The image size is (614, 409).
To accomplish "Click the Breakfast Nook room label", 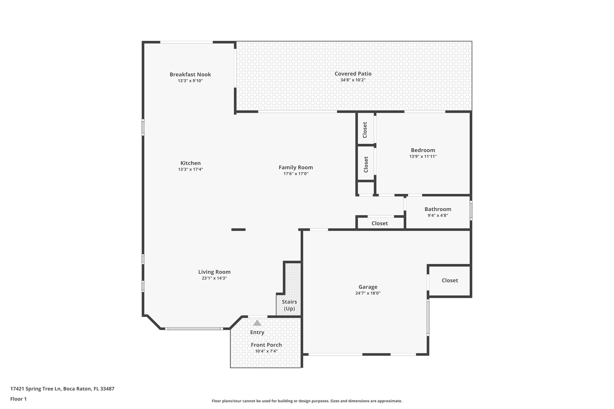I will coord(190,74).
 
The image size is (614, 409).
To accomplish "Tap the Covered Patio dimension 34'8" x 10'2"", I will coord(353,80).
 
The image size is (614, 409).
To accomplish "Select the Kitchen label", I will coord(190,163).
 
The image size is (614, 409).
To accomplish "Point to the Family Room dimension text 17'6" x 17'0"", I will coord(296,174).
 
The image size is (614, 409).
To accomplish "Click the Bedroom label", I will coord(423,150).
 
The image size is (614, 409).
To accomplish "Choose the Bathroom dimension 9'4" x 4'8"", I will coord(438,215).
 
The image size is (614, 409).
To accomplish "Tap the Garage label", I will coord(368,287).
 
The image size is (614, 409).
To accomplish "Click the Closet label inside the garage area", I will coord(450,280).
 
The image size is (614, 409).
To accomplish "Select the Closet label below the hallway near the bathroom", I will coord(380,223).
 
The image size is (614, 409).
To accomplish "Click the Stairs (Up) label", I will coord(289,305).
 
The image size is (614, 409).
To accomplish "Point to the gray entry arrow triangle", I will coord(257,323).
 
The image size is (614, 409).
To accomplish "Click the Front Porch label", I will coord(266,345).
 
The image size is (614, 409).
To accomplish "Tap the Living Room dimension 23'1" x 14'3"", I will coord(214,278).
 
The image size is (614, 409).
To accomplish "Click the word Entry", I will coord(257,332).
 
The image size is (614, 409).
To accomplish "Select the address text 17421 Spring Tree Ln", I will coord(36,389).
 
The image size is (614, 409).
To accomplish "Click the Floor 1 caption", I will coord(18,399).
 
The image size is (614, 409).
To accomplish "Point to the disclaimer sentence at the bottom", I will coord(307,401).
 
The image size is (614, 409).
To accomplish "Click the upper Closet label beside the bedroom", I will coord(365,130).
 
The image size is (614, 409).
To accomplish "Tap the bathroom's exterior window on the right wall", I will coord(471,210).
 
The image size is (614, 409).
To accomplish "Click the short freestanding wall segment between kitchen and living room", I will coord(238,230).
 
